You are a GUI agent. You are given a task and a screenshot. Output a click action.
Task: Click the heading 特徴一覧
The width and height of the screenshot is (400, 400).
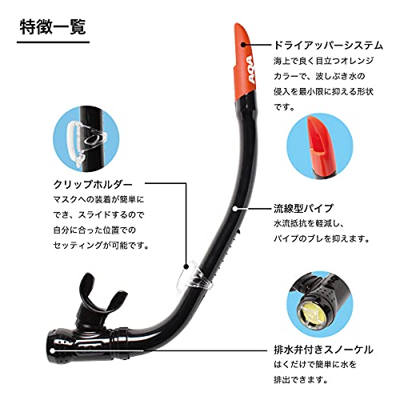pos(53,28)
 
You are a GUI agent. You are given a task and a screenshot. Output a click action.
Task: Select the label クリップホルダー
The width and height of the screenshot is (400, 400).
pos(93,185)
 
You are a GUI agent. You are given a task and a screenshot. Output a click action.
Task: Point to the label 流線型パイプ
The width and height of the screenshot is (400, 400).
pos(304,208)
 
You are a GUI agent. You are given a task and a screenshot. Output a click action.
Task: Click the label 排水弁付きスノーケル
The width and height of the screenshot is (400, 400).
pos(323,350)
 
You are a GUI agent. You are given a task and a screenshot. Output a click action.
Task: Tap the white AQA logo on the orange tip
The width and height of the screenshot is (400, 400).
pos(250,70)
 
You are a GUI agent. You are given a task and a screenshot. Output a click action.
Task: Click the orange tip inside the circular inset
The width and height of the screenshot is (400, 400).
pos(321,146)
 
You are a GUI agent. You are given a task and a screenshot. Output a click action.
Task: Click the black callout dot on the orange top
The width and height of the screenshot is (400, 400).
pos(243,45)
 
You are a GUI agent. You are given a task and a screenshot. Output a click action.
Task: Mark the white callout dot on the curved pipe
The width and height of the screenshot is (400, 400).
pos(235,208)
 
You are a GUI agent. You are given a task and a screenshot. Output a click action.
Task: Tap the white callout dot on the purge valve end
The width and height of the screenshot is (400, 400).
pos(53,350)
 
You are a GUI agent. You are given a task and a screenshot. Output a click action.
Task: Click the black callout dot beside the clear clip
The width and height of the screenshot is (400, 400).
pos(186,266)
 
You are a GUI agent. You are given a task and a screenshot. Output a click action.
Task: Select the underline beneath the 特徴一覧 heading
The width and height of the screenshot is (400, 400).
pos(53,42)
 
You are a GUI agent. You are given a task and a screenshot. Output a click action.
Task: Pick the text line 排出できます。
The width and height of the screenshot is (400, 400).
pos(301,379)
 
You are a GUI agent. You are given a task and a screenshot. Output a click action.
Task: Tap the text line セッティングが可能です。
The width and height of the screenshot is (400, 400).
pos(101,245)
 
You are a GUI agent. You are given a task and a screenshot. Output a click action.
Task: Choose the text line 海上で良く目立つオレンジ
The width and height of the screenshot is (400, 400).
pos(323,61)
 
